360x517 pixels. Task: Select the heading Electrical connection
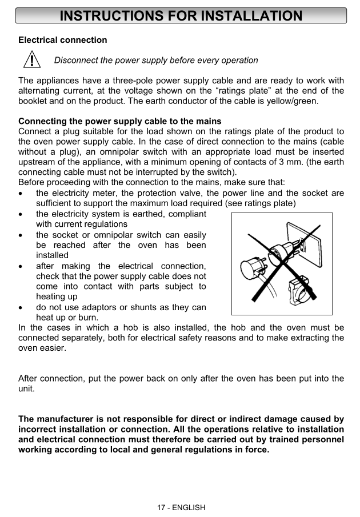(63, 40)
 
